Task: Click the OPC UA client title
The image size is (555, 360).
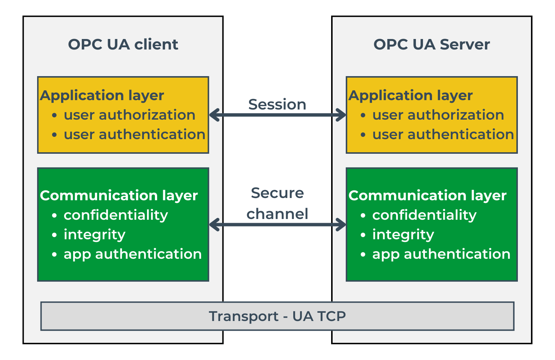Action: [x=123, y=44]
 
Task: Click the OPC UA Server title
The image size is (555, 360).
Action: [x=432, y=44]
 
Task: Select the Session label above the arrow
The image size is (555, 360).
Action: [x=277, y=104]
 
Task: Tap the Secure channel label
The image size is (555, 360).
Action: [x=277, y=203]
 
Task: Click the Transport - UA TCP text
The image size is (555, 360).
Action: [x=277, y=316]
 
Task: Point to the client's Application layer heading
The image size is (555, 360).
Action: [x=102, y=95]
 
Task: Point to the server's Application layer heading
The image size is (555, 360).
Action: [x=411, y=95]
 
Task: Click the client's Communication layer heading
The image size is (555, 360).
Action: [x=119, y=195]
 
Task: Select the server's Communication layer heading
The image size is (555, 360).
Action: [x=427, y=195]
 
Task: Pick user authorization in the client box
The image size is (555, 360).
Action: [x=129, y=115]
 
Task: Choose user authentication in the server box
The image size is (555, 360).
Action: [x=443, y=135]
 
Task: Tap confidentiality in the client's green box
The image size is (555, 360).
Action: [x=116, y=215]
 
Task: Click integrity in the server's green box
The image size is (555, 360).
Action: [x=403, y=235]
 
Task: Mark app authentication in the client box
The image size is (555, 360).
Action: [x=133, y=254]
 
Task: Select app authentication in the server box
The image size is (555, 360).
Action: [x=441, y=254]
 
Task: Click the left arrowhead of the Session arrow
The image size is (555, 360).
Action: [x=213, y=115]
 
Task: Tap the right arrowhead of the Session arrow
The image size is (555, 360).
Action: [x=342, y=115]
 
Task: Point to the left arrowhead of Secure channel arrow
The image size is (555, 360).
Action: [x=213, y=225]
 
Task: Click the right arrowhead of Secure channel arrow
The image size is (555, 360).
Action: [x=342, y=225]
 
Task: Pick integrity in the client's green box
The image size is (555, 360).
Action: [x=94, y=235]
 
